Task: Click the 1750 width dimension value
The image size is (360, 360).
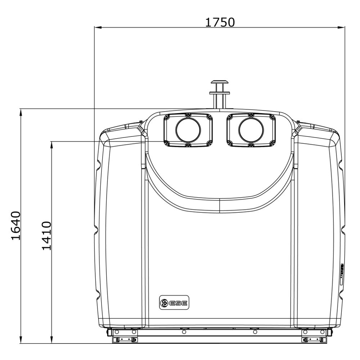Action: tap(220, 22)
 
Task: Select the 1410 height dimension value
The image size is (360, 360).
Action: tap(46, 236)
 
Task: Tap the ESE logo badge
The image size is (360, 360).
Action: tap(174, 303)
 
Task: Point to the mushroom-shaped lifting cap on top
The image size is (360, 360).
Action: tap(220, 82)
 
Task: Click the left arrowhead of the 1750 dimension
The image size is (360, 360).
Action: tap(98, 28)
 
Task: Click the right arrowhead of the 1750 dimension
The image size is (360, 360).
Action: tap(341, 28)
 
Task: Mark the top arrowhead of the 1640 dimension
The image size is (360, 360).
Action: tap(21, 112)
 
